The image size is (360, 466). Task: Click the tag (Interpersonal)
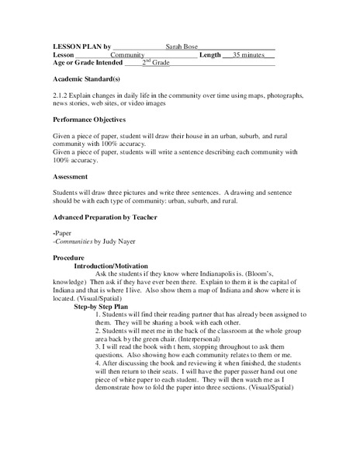click(x=180, y=339)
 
